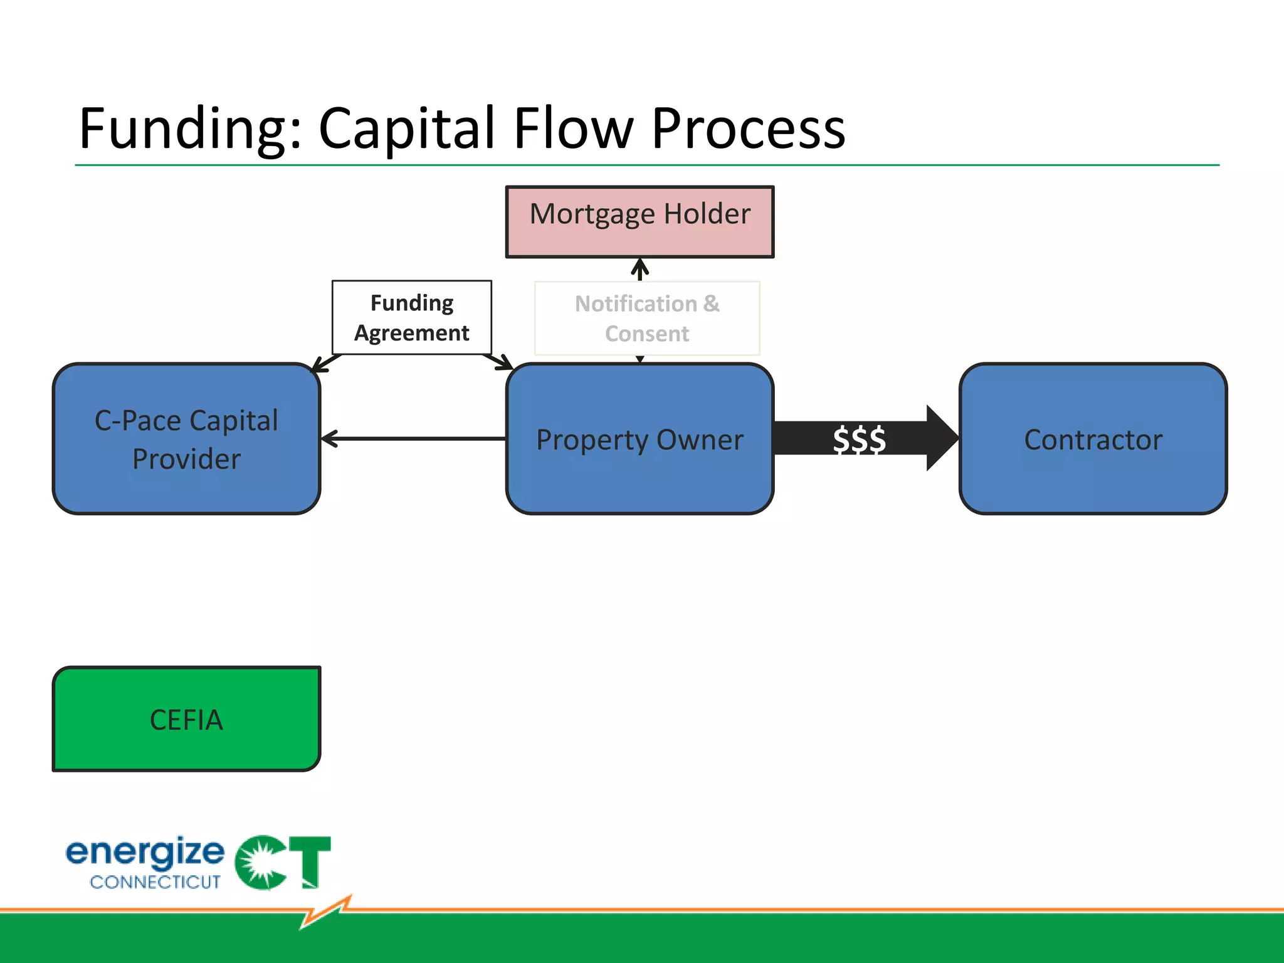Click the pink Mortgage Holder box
coord(639,221)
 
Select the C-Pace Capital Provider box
coord(186,439)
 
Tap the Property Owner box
coord(639,439)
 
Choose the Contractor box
coord(1093,439)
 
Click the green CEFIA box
coord(186,719)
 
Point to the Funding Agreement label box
coord(412,317)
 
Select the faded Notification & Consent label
coord(647,318)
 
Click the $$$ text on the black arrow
coord(859,439)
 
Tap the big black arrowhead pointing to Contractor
coord(940,438)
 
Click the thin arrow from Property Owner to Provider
coord(414,438)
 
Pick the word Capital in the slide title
coord(408,129)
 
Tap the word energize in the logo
coord(145,853)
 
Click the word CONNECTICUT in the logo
coord(155,882)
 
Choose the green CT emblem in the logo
coord(282,862)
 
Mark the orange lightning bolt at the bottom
coord(326,912)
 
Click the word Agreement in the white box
coord(412,333)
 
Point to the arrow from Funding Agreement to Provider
coord(326,363)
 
